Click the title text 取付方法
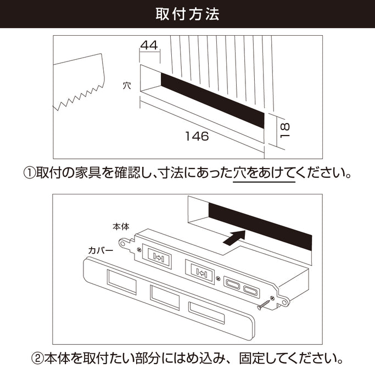click(x=187, y=14)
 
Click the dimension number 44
click(x=149, y=46)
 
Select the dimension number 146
click(x=197, y=137)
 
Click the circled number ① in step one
click(x=29, y=173)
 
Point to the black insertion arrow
click(x=233, y=238)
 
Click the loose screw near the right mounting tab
click(x=265, y=301)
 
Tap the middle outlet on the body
click(x=200, y=270)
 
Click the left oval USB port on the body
click(x=232, y=284)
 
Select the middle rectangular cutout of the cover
click(x=164, y=297)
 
